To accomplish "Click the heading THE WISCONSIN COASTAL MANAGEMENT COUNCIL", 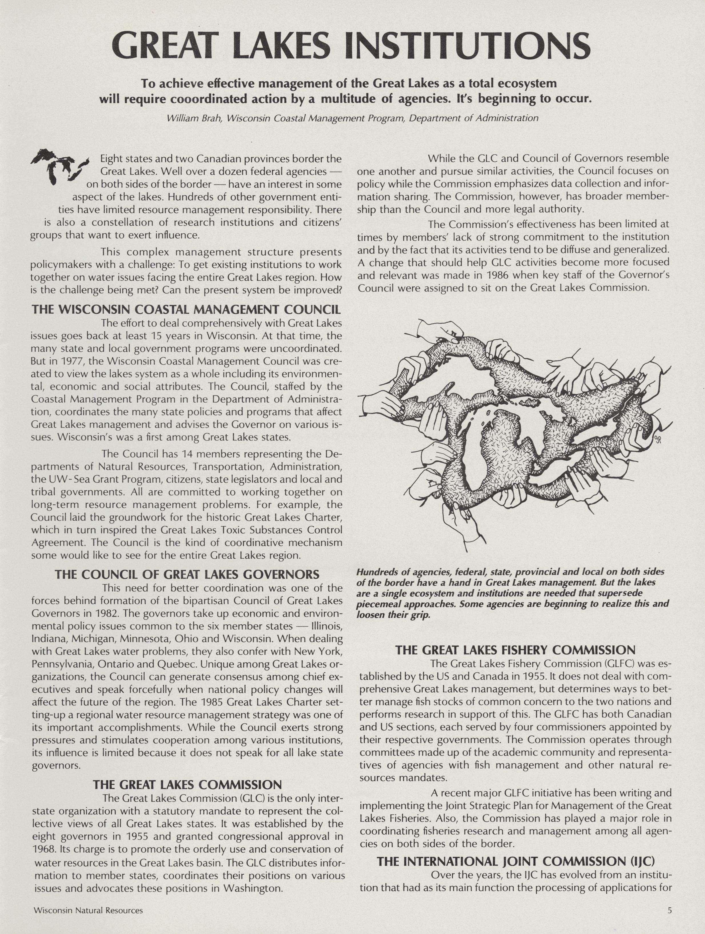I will coord(186,309).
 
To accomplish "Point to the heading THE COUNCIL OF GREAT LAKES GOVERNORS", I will coord(187,574).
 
